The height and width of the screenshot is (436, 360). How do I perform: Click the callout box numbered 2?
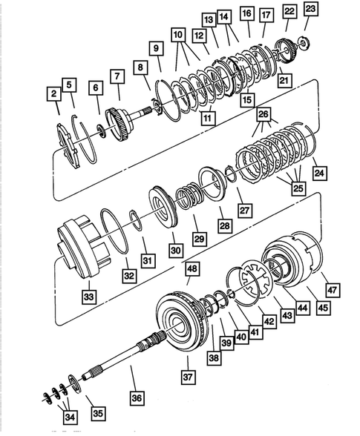[x=53, y=93]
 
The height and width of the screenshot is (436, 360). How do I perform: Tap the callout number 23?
[x=310, y=10]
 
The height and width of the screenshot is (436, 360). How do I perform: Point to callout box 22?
[x=289, y=11]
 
